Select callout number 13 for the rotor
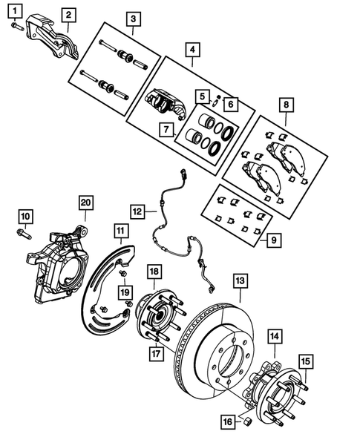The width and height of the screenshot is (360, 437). point(240,282)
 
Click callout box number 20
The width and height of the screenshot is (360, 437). point(85,203)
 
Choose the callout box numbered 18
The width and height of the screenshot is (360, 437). point(154,272)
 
